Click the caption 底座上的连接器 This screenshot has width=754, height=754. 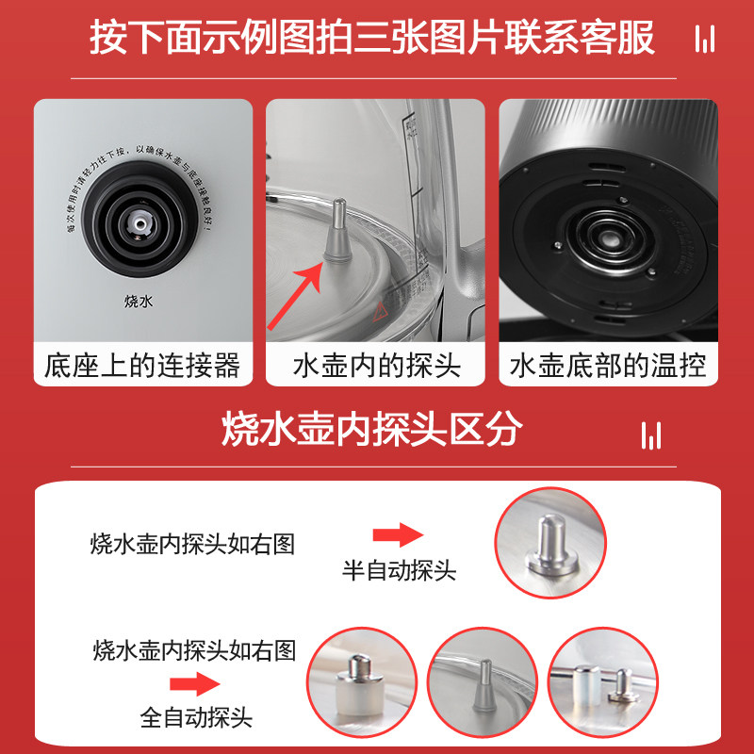(142, 366)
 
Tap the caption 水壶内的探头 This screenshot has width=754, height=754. (377, 366)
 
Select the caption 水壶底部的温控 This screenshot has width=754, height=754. (608, 366)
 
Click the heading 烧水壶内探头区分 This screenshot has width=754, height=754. (372, 431)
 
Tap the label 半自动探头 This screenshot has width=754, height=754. (399, 570)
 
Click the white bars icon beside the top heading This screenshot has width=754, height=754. (703, 40)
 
